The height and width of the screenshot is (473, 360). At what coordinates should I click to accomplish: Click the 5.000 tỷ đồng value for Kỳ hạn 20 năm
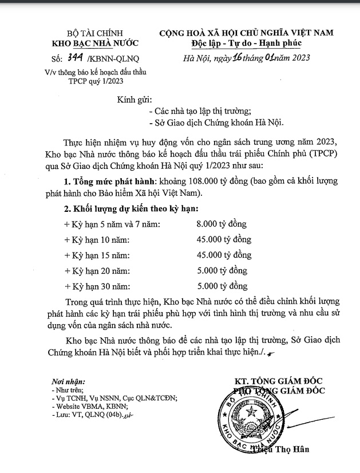tap(221, 270)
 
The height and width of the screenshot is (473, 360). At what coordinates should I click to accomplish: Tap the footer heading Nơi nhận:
tap(68, 381)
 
